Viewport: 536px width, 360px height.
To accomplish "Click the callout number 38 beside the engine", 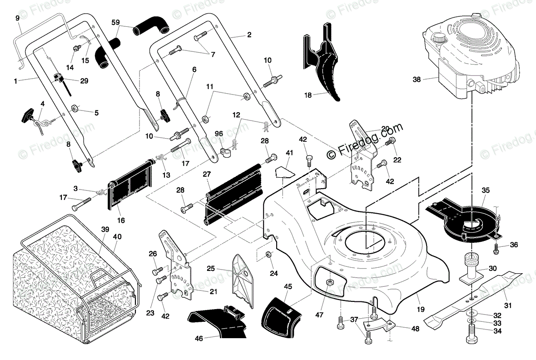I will coord(417,79).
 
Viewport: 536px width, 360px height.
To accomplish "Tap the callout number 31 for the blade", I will coord(508,305).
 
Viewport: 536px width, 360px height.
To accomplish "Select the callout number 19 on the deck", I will coord(421,309).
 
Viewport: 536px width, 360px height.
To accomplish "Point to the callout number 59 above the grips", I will coord(115,22).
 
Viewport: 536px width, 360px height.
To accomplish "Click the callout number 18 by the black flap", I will coord(308,95).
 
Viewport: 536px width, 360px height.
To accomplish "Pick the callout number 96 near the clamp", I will coord(219,134).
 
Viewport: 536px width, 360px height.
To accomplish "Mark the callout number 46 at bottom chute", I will coord(199,338).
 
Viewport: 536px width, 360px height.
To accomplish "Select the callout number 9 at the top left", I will coord(17,18).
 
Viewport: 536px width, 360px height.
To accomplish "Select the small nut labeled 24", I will coord(268,255).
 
